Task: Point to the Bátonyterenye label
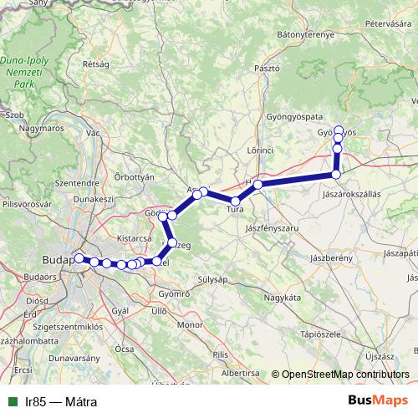305,34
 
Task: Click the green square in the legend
13,402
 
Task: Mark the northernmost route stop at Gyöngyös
339,130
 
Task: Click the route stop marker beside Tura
236,201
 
